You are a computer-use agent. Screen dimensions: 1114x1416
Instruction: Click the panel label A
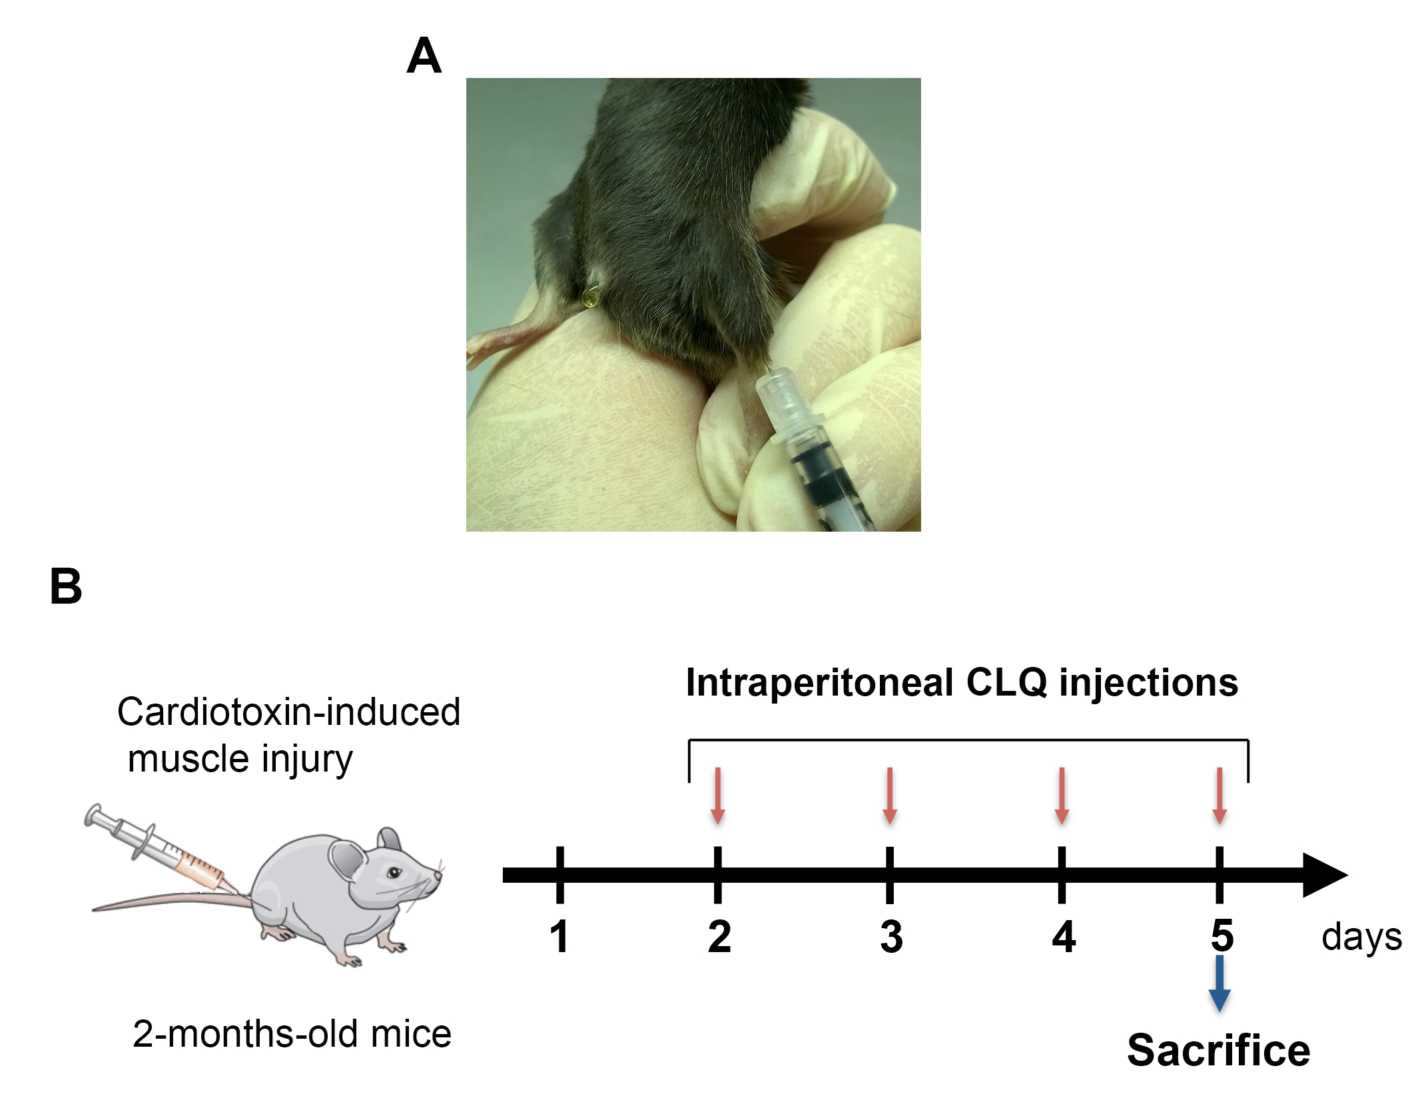(x=424, y=56)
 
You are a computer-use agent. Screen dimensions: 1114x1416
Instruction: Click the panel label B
(x=66, y=587)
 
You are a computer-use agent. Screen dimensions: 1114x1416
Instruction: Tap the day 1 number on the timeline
(x=559, y=936)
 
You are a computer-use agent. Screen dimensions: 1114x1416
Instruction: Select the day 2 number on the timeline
(x=719, y=936)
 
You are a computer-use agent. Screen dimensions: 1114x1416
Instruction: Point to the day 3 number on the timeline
(x=891, y=936)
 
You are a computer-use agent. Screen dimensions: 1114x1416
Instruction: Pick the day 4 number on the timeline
(x=1064, y=936)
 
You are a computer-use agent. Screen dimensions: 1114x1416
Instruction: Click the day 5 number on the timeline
(x=1222, y=935)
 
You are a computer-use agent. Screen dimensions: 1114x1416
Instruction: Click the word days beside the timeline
(x=1361, y=938)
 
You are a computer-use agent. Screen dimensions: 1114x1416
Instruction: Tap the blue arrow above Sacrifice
(x=1220, y=983)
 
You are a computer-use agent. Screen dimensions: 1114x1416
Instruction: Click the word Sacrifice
(x=1218, y=1051)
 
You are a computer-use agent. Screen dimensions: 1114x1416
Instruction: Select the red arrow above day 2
(x=718, y=796)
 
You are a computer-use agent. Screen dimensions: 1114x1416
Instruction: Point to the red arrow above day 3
(x=890, y=796)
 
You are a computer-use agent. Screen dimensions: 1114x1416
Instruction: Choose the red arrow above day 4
(x=1062, y=796)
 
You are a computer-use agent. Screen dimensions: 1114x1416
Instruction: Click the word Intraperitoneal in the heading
(x=819, y=683)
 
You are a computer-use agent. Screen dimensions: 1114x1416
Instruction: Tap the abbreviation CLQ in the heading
(x=1006, y=683)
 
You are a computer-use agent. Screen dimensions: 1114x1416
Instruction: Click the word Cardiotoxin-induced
(x=288, y=712)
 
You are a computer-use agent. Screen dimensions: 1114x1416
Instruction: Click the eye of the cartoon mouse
(x=394, y=872)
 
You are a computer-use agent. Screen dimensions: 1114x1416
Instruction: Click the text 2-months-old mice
(x=292, y=1033)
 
